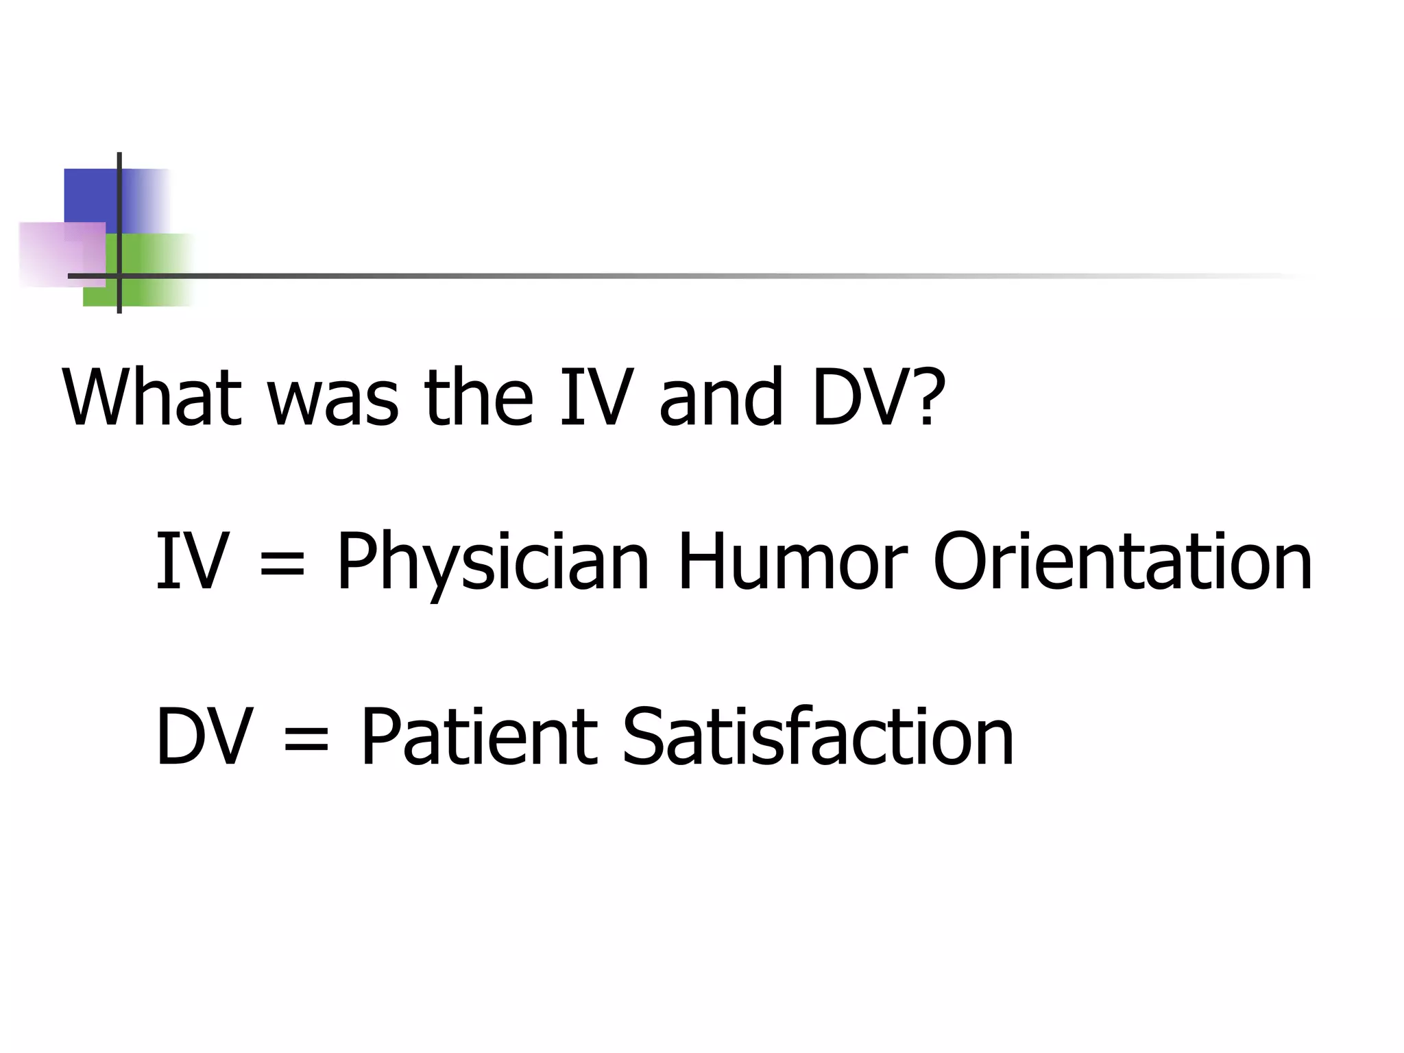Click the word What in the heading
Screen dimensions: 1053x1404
coord(152,398)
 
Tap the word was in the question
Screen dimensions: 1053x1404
coord(332,404)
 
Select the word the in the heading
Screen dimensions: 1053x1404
coord(479,398)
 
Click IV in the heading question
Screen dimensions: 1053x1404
coord(596,398)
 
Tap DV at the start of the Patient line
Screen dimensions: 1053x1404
coord(204,737)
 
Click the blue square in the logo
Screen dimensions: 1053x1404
coord(89,195)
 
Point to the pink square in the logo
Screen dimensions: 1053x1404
coord(51,254)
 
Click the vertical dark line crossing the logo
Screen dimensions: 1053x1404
coord(119,206)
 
